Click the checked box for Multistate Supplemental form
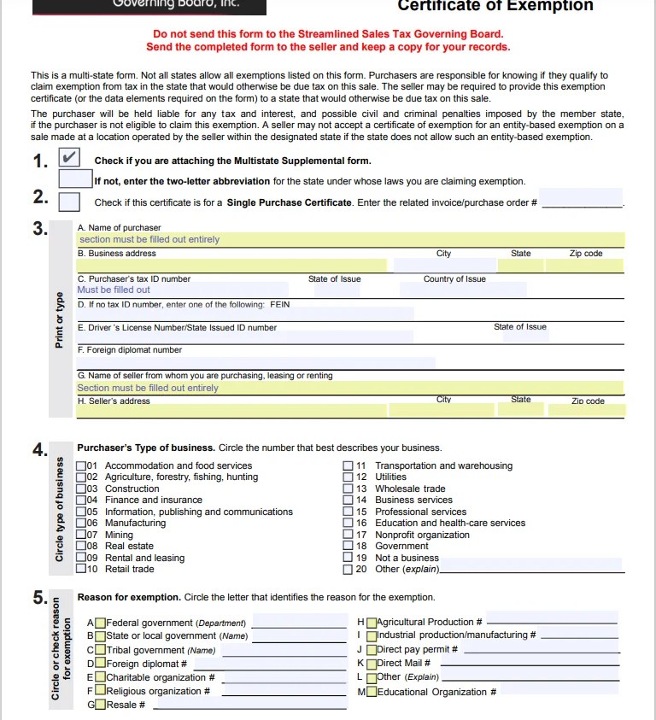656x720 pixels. (70, 158)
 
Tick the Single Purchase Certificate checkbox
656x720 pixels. (70, 202)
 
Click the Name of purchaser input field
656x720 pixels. (350, 240)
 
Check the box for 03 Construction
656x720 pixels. (81, 489)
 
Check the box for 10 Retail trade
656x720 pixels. (81, 569)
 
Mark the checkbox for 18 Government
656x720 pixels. (348, 546)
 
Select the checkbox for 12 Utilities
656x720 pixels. (348, 477)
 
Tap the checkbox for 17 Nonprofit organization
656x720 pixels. (348, 535)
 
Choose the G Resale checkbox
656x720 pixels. (101, 705)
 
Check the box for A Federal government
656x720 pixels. (101, 623)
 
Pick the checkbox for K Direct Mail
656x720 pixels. (372, 664)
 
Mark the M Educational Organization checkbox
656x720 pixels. (372, 692)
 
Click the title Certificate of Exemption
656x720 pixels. (495, 7)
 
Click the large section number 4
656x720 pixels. (39, 449)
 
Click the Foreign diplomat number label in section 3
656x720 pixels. (129, 350)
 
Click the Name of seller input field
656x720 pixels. (350, 388)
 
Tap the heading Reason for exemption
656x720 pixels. (128, 597)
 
